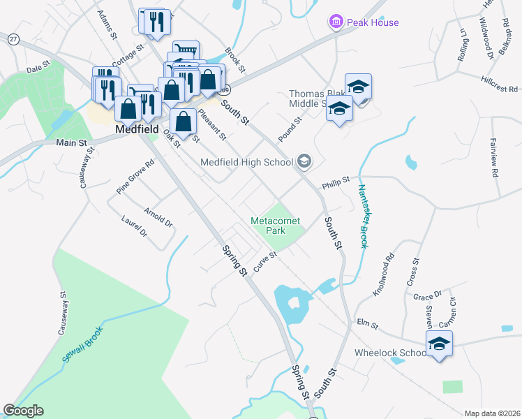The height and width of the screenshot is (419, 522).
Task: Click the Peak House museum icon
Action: click(x=336, y=22)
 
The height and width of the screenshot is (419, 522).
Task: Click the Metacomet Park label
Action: click(x=276, y=226)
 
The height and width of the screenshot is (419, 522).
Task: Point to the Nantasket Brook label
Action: click(x=363, y=216)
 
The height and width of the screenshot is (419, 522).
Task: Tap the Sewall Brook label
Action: click(x=82, y=344)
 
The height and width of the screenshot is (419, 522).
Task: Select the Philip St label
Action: click(x=335, y=184)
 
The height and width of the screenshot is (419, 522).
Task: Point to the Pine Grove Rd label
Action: click(x=135, y=177)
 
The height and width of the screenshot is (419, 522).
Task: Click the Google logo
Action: click(x=24, y=411)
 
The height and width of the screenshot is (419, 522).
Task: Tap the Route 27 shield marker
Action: click(x=14, y=39)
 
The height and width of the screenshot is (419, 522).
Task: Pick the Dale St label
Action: click(x=39, y=68)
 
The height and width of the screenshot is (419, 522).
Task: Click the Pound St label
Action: click(x=289, y=129)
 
